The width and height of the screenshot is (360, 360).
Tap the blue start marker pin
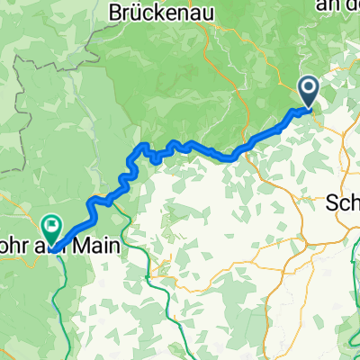click(309, 91)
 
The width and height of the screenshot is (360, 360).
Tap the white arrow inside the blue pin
click(309, 88)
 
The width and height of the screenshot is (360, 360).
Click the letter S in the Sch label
click(332, 203)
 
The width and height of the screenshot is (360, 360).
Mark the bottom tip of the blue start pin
click(309, 109)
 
